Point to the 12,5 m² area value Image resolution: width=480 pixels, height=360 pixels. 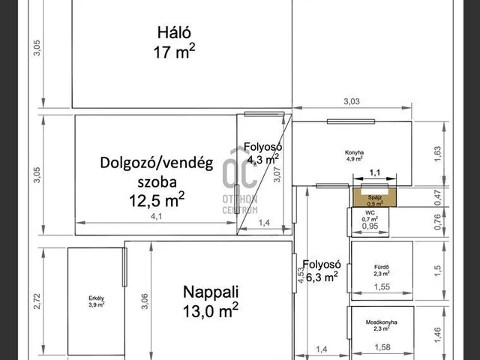157,200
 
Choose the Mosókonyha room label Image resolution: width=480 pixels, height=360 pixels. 381,325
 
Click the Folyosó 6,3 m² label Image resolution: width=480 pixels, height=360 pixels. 322,270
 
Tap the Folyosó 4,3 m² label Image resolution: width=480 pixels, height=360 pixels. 261,152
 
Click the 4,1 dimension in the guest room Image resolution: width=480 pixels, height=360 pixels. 155,217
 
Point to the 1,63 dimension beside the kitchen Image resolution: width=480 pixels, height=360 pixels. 438,153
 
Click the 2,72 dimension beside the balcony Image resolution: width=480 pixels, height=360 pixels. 37,300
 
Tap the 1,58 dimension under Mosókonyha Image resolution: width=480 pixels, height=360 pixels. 382,348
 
